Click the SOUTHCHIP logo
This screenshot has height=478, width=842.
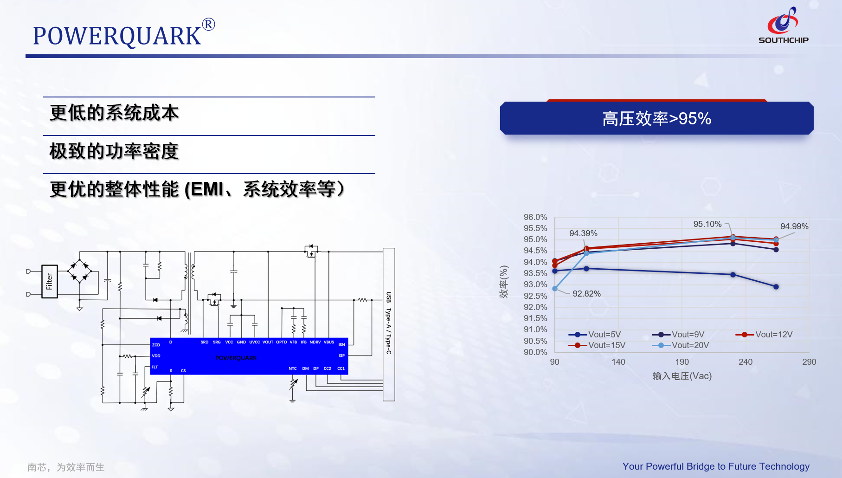783,26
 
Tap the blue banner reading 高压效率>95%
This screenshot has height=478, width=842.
656,118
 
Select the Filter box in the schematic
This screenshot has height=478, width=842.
49,281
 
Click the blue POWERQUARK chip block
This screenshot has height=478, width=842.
249,356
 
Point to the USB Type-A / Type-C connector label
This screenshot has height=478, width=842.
389,323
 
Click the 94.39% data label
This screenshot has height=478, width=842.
583,233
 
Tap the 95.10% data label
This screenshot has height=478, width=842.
707,224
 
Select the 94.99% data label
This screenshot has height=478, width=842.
794,226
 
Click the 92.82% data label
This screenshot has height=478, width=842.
586,294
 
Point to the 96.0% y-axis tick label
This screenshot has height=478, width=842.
535,217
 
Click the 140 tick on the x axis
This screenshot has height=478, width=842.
618,362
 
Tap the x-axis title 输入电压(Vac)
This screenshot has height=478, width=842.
681,376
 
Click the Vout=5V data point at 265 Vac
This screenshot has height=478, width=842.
776,287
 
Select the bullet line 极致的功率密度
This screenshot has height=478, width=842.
114,151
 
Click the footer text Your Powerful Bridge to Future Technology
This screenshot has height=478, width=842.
715,466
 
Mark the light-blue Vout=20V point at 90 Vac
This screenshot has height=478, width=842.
555,289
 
